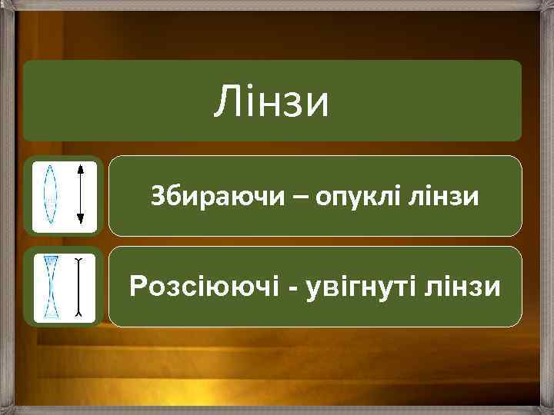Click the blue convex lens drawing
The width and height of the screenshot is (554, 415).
tap(50, 195)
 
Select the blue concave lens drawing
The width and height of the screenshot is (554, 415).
tap(51, 287)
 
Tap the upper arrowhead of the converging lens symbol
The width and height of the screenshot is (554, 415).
tap(80, 168)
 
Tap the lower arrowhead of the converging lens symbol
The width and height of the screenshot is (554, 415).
tap(80, 222)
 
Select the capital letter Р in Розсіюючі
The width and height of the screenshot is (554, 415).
tap(139, 287)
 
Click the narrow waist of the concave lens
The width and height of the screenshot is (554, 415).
tap(51, 287)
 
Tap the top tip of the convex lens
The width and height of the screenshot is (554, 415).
tap(50, 165)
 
